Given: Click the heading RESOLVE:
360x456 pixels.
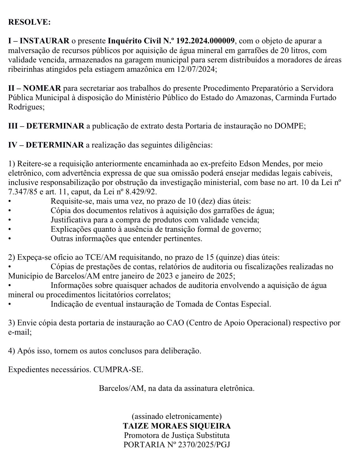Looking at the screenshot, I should click(x=29, y=22).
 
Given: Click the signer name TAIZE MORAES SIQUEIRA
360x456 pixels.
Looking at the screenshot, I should click(x=177, y=426).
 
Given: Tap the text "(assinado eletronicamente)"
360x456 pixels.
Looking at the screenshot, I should click(x=177, y=416).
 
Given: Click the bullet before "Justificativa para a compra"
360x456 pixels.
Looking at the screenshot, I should click(x=10, y=220).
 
